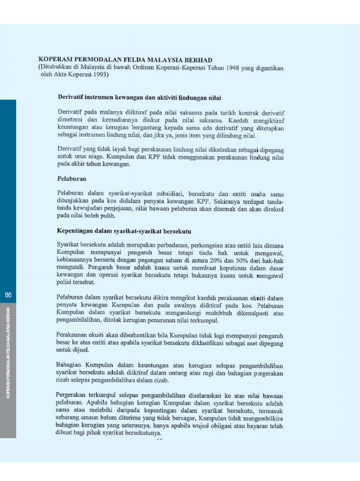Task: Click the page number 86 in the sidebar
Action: pos(8,295)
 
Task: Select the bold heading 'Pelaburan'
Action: pos(72,179)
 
